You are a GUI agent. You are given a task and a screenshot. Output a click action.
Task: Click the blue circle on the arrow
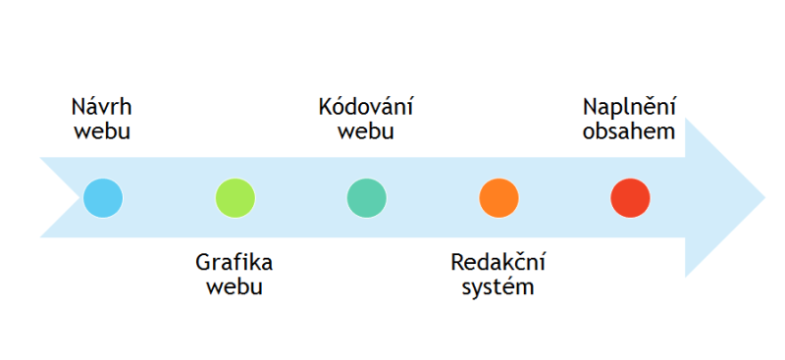[x=103, y=197]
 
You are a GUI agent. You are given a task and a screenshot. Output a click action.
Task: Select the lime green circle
[x=235, y=197]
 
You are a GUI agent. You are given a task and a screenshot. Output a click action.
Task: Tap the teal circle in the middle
[x=367, y=197]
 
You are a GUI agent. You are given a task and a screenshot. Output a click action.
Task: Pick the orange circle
[x=498, y=197]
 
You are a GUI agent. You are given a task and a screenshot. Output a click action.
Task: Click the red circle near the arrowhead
[x=630, y=197]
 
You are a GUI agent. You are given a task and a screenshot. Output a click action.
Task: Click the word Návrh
[x=102, y=107]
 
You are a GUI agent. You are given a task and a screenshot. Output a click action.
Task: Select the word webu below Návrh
[x=102, y=131]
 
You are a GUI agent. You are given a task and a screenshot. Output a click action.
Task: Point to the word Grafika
[x=234, y=263]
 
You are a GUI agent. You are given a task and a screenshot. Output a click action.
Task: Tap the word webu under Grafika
[x=234, y=287]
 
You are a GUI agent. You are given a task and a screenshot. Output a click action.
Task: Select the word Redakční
[x=497, y=263]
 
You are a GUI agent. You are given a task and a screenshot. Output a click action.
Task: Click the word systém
[x=497, y=287]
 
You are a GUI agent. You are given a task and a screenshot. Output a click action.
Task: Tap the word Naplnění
[x=629, y=107]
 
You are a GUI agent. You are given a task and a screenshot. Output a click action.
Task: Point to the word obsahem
[x=629, y=131]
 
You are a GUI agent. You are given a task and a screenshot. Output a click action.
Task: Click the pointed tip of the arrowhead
[x=763, y=197]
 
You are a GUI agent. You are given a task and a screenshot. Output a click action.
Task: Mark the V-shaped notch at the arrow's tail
[x=81, y=197]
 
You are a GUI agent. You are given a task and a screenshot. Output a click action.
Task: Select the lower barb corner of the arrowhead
[x=686, y=276]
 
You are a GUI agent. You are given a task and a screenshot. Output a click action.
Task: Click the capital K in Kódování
[x=326, y=107]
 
